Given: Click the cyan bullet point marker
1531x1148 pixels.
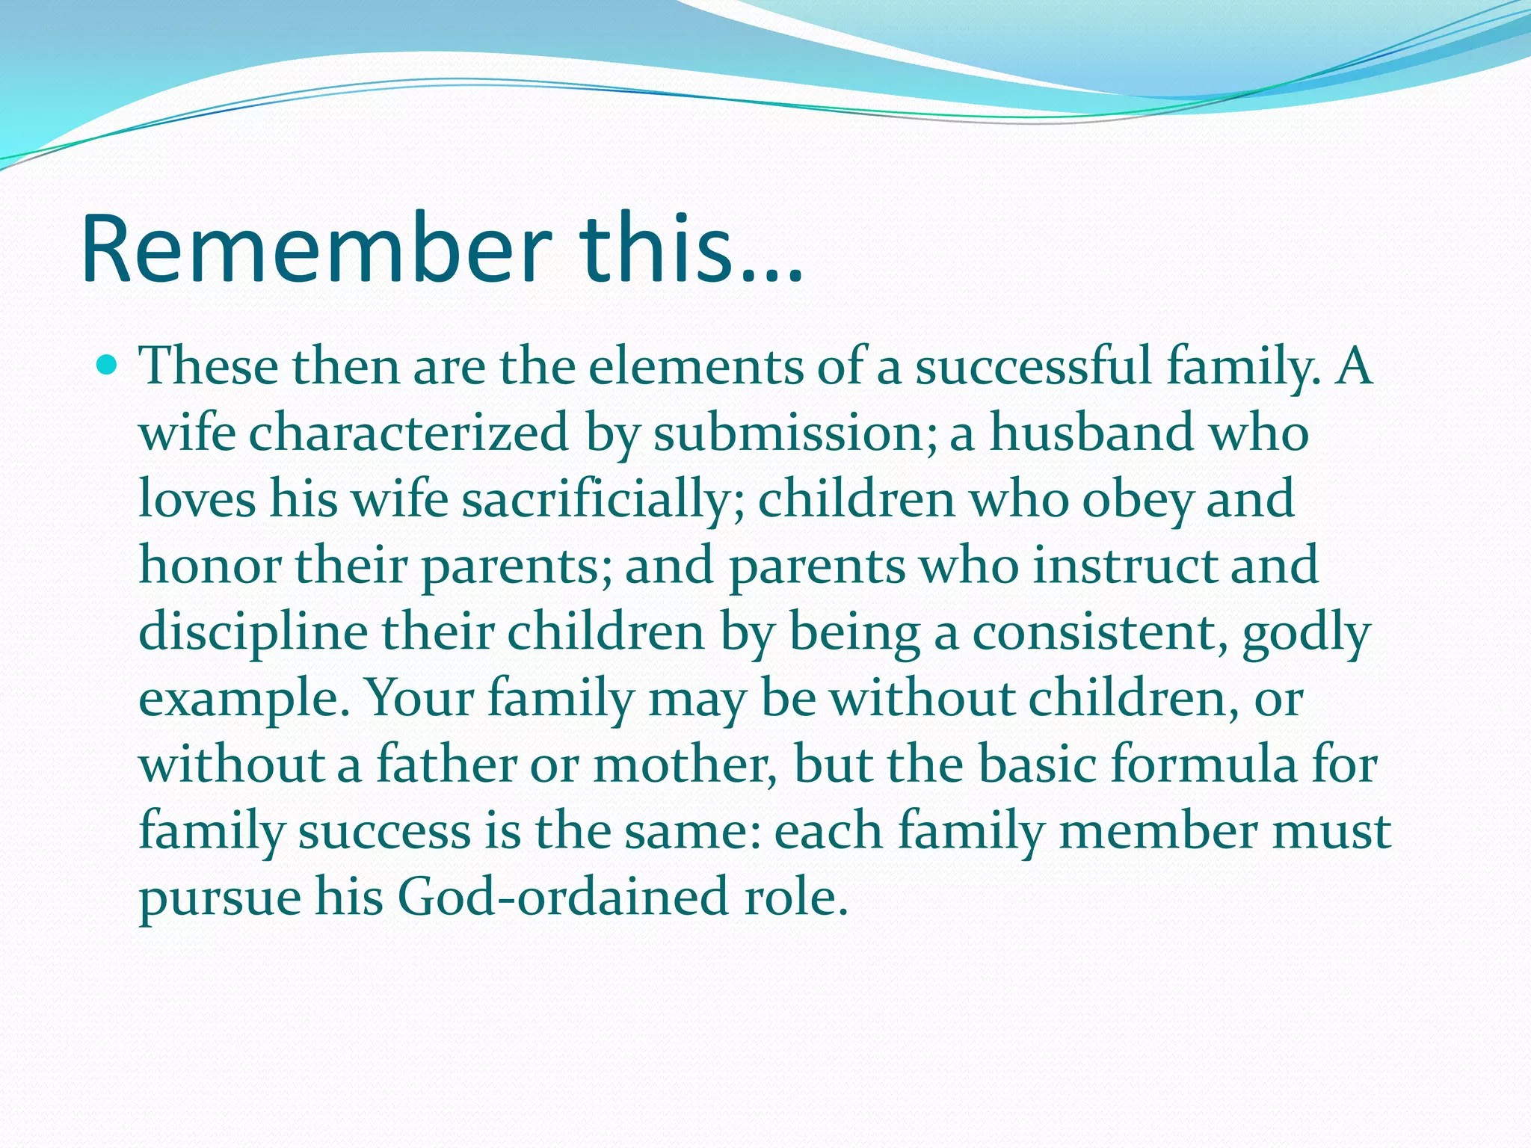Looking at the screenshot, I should click(x=108, y=366).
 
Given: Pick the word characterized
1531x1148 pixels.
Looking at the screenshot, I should click(x=408, y=433).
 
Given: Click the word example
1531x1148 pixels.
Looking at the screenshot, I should click(x=244, y=700).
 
